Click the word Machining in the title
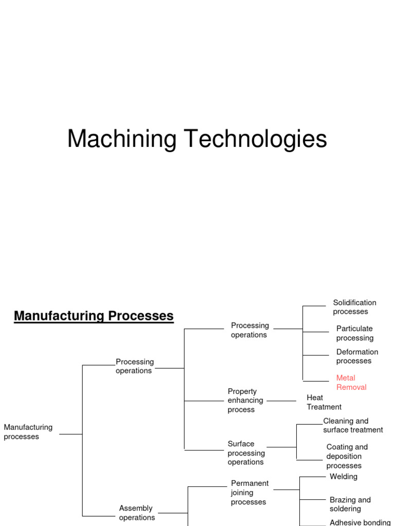(x=122, y=139)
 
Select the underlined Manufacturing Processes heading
(x=94, y=316)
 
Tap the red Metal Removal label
(x=351, y=383)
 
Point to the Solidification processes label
(x=354, y=307)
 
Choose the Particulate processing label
(x=354, y=333)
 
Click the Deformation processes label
(x=357, y=356)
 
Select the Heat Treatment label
(x=324, y=402)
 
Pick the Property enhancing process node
(x=245, y=400)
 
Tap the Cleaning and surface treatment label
(x=353, y=425)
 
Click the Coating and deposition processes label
(x=347, y=456)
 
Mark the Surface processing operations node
(x=246, y=453)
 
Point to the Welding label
(x=343, y=477)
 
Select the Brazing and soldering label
(x=350, y=504)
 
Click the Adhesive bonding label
(x=360, y=522)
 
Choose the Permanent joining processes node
(x=249, y=493)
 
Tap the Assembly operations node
(x=136, y=513)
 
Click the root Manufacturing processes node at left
(x=28, y=432)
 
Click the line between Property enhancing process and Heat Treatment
(x=281, y=401)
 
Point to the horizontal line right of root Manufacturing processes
(x=70, y=434)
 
